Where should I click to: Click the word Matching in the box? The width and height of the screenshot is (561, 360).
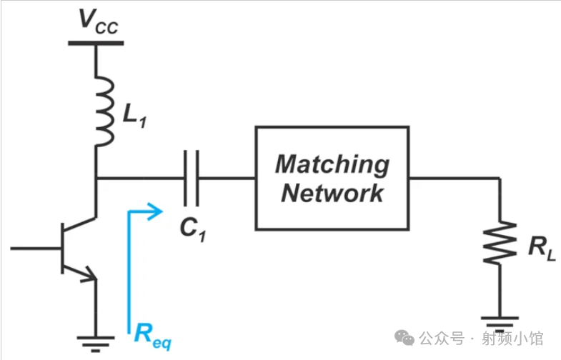tap(333, 164)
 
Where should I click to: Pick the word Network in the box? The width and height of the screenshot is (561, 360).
tap(333, 193)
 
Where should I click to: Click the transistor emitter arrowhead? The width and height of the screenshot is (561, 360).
tap(89, 276)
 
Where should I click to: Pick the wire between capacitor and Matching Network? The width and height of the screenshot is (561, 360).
tap(227, 178)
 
